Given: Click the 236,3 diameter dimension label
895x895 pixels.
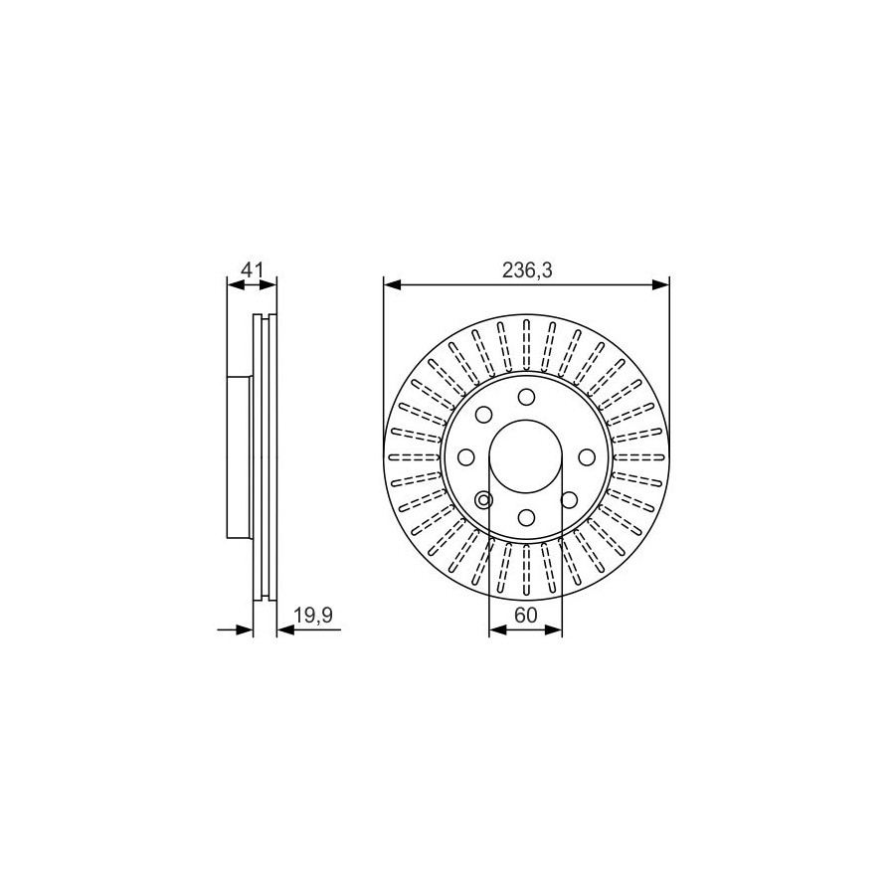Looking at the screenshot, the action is tap(527, 269).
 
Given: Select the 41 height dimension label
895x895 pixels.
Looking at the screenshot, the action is tap(252, 269).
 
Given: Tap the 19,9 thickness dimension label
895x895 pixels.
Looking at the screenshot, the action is tap(313, 616).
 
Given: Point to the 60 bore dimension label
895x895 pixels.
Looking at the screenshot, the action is tap(526, 616).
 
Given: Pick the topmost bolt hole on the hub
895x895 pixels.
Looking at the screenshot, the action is tap(526, 396).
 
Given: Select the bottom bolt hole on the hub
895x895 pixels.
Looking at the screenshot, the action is tap(526, 517).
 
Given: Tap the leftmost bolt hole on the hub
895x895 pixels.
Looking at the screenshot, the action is tap(466, 456).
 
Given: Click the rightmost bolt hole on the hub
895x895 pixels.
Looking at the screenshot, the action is tap(586, 456).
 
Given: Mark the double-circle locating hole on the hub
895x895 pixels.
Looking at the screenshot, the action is tap(484, 500).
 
